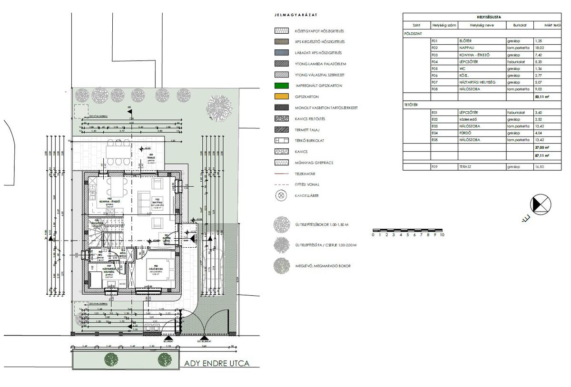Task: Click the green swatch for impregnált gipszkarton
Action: (281, 86)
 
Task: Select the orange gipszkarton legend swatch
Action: (281, 97)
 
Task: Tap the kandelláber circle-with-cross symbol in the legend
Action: (281, 195)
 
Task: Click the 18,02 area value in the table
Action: (539, 48)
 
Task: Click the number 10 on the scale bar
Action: (442, 235)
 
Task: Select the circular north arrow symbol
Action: (541, 204)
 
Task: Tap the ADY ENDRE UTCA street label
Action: (216, 364)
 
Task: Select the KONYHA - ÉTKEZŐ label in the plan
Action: (108, 202)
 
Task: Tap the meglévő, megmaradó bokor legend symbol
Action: (281, 266)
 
